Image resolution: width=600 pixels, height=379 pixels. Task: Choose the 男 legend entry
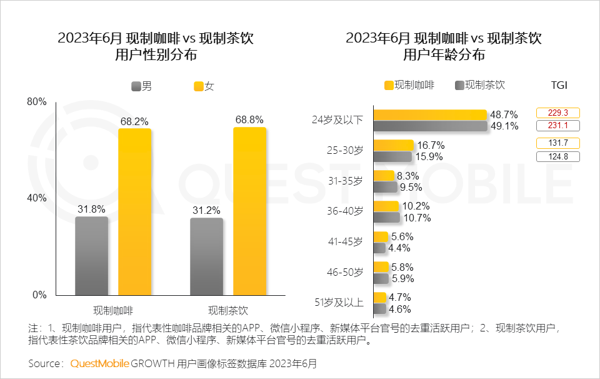coord(142,87)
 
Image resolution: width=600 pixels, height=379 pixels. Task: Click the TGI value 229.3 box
coord(557,113)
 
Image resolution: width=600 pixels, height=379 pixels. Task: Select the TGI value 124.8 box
coord(557,156)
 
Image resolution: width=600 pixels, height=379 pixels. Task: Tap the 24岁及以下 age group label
coord(337,119)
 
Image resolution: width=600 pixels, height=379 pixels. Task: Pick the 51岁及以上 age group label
coord(338,303)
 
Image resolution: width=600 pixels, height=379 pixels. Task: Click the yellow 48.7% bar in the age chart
coord(429,114)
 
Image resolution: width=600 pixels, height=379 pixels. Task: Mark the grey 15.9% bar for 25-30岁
coord(392,157)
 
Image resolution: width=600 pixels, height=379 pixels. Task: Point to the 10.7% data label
coord(417,218)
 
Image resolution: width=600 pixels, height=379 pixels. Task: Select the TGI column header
coord(559,85)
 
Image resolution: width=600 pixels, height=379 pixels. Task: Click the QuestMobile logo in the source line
coord(99,363)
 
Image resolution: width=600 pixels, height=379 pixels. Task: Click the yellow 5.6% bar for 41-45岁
coord(380,236)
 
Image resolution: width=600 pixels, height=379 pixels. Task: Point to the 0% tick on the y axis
coord(39,295)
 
